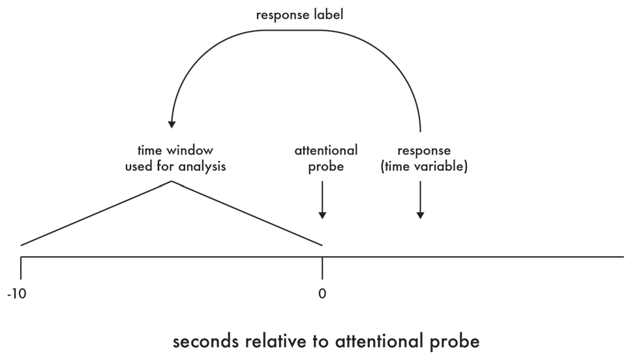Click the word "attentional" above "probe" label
[x=325, y=151]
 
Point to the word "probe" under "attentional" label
[x=325, y=166]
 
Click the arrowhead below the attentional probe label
[x=322, y=215]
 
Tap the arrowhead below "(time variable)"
[x=421, y=215]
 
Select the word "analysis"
[x=201, y=166]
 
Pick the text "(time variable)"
[x=424, y=166]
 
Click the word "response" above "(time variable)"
[x=424, y=151]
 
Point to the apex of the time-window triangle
[x=172, y=181]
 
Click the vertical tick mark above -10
[x=21, y=267]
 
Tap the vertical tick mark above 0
[x=322, y=267]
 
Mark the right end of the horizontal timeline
[x=622, y=257]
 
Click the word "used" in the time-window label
[x=138, y=166]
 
